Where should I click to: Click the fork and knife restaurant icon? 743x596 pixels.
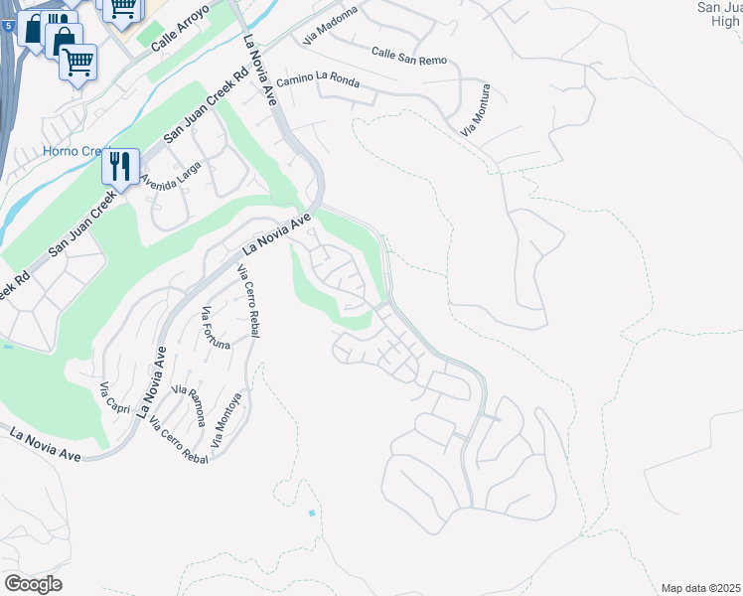coord(119,165)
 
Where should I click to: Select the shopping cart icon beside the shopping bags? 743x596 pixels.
coord(77,63)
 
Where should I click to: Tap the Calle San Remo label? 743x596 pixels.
coord(408,56)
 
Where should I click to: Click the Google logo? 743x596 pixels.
coord(33,584)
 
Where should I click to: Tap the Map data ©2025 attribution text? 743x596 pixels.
coord(700,588)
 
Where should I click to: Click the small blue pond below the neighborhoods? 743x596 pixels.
coord(312,514)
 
